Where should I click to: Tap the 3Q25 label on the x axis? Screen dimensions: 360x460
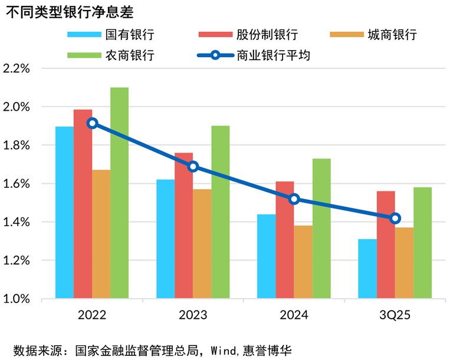pos(395,315)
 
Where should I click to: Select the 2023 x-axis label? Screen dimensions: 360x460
pos(193,315)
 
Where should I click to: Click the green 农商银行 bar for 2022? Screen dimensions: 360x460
pos(119,193)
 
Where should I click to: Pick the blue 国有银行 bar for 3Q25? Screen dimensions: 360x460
pos(367,269)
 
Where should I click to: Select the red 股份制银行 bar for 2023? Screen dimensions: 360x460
pos(183,226)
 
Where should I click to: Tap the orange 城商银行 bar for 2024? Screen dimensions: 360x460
pos(303,262)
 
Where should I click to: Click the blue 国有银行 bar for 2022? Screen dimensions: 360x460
pos(65,212)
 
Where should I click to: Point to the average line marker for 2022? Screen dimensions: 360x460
pos(92,123)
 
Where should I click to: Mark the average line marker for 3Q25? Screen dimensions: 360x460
pos(395,219)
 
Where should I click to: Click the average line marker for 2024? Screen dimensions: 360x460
pos(294,199)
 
